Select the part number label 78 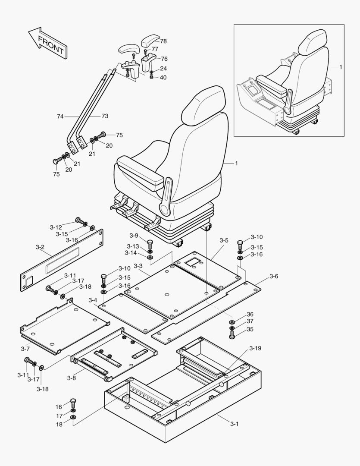(x=163, y=41)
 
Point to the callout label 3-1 (x=234, y=424)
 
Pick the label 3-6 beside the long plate (x=274, y=276)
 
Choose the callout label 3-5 (x=224, y=240)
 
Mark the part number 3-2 (x=40, y=247)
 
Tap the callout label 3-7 (x=25, y=348)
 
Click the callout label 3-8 (x=72, y=378)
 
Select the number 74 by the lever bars (x=60, y=116)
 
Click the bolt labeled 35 (x=232, y=334)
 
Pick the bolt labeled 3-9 (x=150, y=243)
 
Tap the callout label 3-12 (x=56, y=227)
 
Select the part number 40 (x=163, y=78)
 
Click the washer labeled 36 (x=232, y=322)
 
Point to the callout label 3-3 (x=138, y=266)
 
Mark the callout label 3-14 (x=131, y=252)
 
